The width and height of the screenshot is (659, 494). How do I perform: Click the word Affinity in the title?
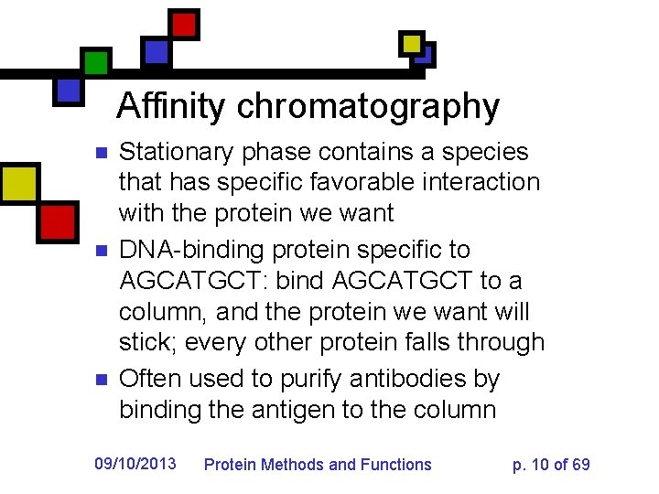click(x=172, y=106)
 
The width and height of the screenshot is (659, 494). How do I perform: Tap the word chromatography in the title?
click(x=368, y=108)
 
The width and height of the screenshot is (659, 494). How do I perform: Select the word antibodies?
click(x=407, y=379)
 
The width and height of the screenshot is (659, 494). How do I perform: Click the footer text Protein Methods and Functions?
click(x=318, y=465)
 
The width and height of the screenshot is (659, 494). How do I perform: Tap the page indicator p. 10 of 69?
click(x=551, y=465)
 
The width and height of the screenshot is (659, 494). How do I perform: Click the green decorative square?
click(x=95, y=62)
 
